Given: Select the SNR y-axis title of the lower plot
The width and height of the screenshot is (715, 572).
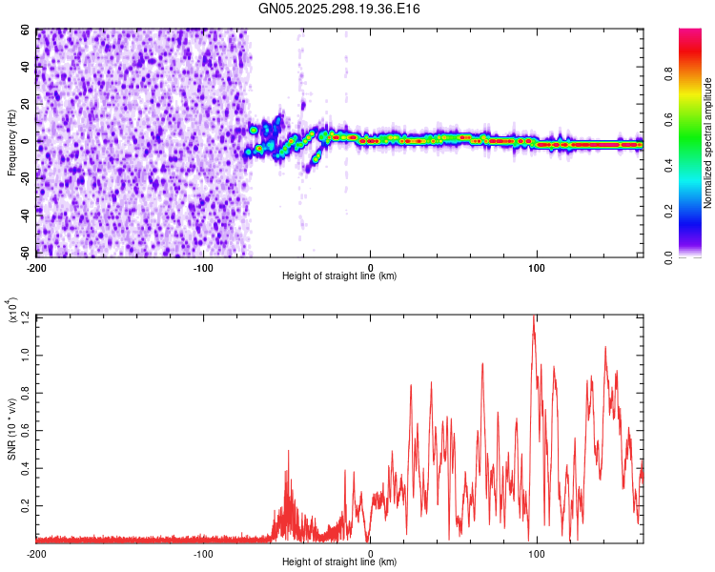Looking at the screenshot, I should pos(12,428).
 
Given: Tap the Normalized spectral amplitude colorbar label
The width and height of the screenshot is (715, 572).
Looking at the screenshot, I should pos(708,143).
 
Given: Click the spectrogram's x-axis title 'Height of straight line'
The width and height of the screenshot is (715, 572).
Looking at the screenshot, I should pos(339,276).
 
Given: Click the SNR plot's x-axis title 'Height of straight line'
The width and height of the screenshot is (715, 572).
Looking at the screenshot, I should pos(339,562).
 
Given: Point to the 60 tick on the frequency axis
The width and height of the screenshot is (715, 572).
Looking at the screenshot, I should pos(27,31).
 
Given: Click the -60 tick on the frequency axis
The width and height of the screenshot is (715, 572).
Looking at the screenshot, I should pos(24,253).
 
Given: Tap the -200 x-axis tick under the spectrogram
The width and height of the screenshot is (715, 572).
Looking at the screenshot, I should pos(37,266).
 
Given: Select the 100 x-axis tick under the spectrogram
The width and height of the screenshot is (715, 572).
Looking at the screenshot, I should pos(537,266).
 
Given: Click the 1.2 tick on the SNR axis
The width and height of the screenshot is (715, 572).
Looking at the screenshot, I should pos(25,316).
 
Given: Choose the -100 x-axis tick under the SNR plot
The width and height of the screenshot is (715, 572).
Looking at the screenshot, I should pos(203,552).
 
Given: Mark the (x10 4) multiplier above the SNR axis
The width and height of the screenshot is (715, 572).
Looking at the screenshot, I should pos(12,310).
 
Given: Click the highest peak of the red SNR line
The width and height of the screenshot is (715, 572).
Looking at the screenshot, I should pos(534,317).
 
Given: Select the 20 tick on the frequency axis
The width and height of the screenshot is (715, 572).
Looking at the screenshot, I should pos(27,104).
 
